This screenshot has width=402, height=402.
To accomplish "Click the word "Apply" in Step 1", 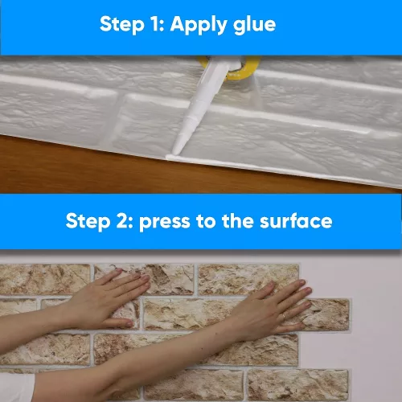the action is (x=199, y=25).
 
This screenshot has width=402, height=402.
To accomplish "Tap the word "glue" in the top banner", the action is (x=254, y=25).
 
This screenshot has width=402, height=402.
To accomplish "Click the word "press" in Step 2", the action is (x=165, y=223).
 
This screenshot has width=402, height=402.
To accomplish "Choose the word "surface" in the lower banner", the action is (x=296, y=221).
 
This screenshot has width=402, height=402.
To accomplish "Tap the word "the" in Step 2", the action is (x=237, y=221).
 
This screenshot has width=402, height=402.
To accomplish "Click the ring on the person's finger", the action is (x=284, y=317).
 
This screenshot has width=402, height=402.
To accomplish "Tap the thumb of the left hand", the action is (x=121, y=323).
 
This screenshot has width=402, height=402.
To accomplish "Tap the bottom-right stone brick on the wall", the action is (x=297, y=384).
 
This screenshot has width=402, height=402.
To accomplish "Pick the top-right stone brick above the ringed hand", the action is (x=248, y=279).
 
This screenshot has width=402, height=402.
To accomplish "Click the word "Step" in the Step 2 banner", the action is (x=88, y=222).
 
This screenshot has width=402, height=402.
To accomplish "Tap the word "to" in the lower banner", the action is (x=206, y=221).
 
